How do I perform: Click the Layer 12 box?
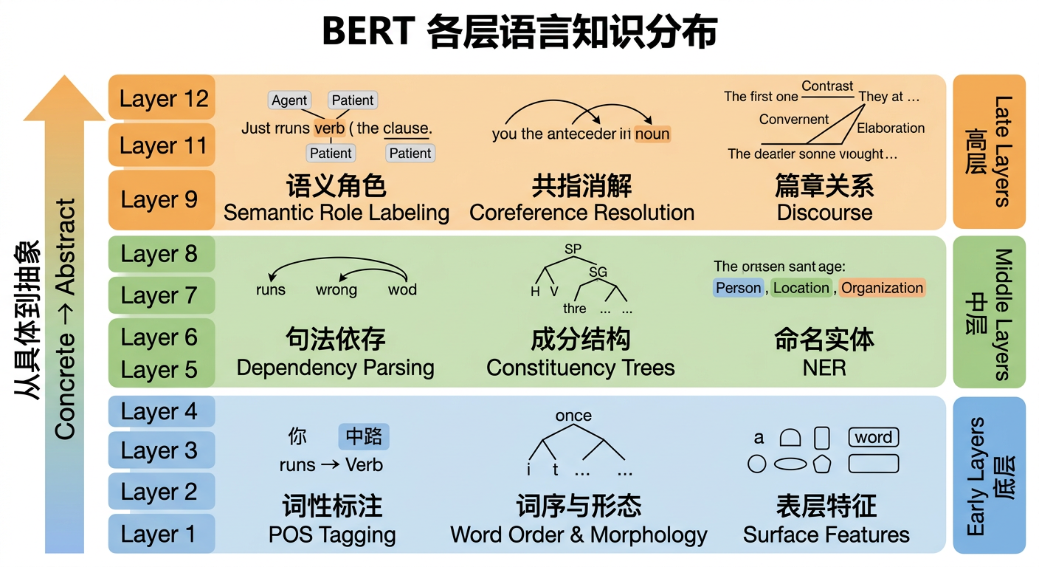[x=162, y=98]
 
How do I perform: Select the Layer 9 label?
[x=161, y=199]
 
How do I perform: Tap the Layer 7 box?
[x=161, y=295]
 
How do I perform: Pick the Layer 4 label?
[x=161, y=411]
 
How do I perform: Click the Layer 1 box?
[x=161, y=534]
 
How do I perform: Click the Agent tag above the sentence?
[x=289, y=100]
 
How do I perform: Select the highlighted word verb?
[x=329, y=128]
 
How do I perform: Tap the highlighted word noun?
[x=652, y=134]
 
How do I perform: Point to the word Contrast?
[x=827, y=86]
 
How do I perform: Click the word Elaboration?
[x=890, y=128]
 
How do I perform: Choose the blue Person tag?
[x=738, y=288]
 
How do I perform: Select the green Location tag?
[x=801, y=288]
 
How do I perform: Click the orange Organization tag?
[x=882, y=288]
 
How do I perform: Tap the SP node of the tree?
[x=573, y=250]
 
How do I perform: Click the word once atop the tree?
[x=573, y=416]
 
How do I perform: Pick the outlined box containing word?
[x=873, y=437]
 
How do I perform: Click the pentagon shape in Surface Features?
[x=821, y=464]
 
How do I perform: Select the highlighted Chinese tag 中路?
[x=363, y=436]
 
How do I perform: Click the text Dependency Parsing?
[x=335, y=368]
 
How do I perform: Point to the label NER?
[x=824, y=368]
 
